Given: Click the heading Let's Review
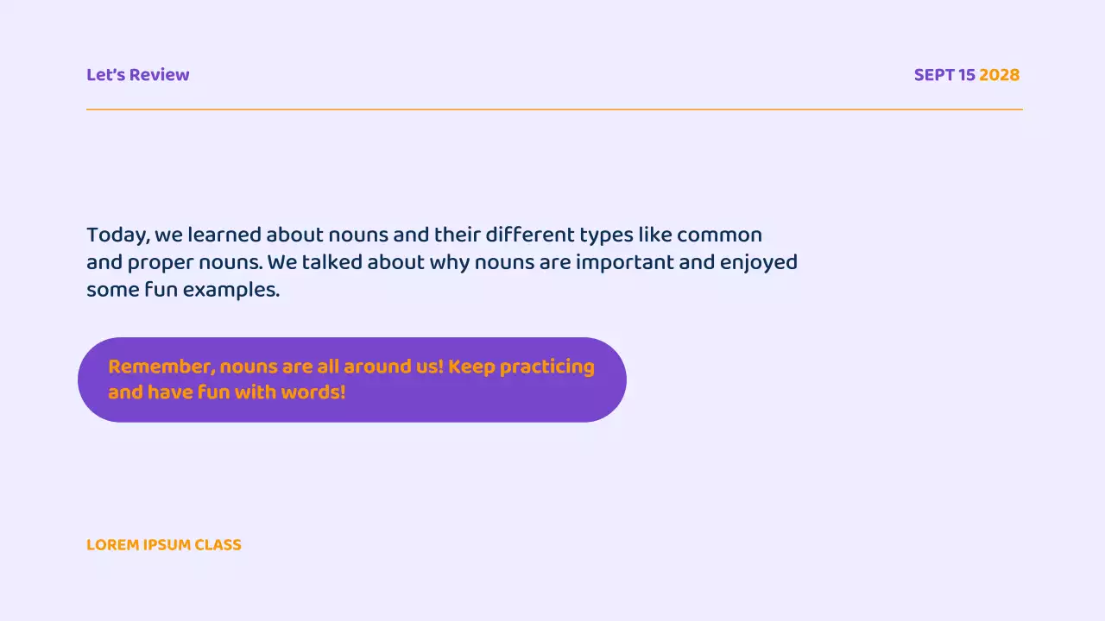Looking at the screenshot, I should click(137, 75).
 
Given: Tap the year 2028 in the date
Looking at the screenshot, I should click(999, 75).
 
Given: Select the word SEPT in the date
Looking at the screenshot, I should click(934, 75).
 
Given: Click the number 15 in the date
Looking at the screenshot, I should click(967, 75).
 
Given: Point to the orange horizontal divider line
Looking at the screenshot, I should click(552, 110).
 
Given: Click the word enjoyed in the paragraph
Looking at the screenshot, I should click(759, 262).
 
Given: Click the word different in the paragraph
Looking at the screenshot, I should click(528, 235).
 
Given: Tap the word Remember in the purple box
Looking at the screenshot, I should click(161, 367).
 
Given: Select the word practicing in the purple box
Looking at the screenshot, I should click(546, 367).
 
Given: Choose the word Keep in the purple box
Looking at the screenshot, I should click(471, 367).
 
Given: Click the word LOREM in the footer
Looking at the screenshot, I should click(112, 545).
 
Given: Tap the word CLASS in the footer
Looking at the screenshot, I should click(218, 545).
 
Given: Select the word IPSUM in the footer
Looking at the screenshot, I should click(167, 545).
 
